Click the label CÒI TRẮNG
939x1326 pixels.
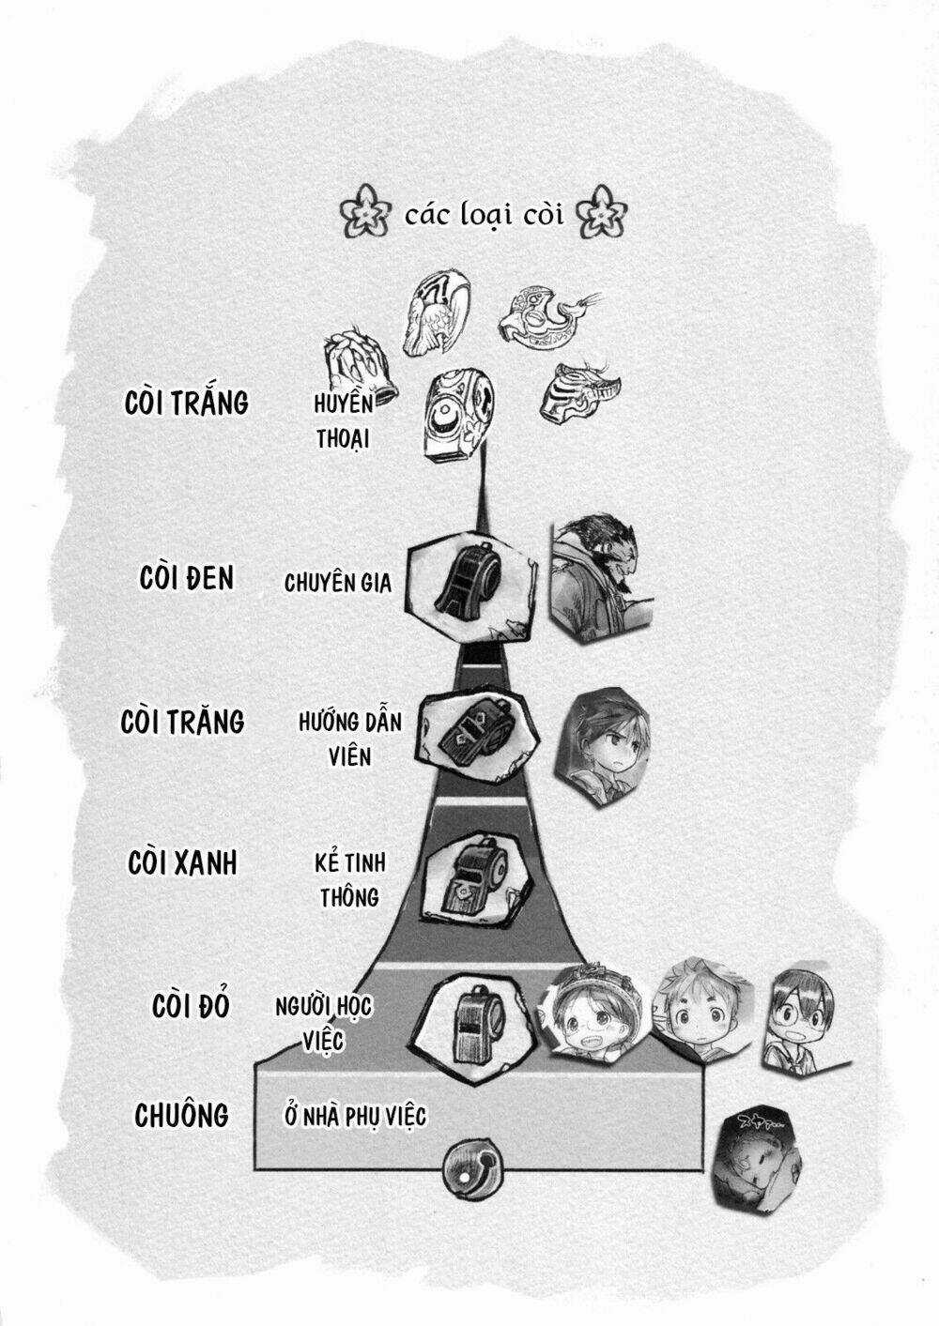[x=186, y=404]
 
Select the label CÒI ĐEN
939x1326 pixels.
[x=187, y=577]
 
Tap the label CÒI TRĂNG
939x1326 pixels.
[x=182, y=722]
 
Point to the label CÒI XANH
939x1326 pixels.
[x=182, y=862]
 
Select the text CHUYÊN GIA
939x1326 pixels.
[x=338, y=583]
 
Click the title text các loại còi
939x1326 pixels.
[x=484, y=214]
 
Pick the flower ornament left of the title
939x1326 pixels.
[x=365, y=211]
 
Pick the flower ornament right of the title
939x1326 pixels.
[x=601, y=211]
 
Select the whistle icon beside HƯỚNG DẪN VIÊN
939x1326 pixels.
[x=479, y=732]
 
